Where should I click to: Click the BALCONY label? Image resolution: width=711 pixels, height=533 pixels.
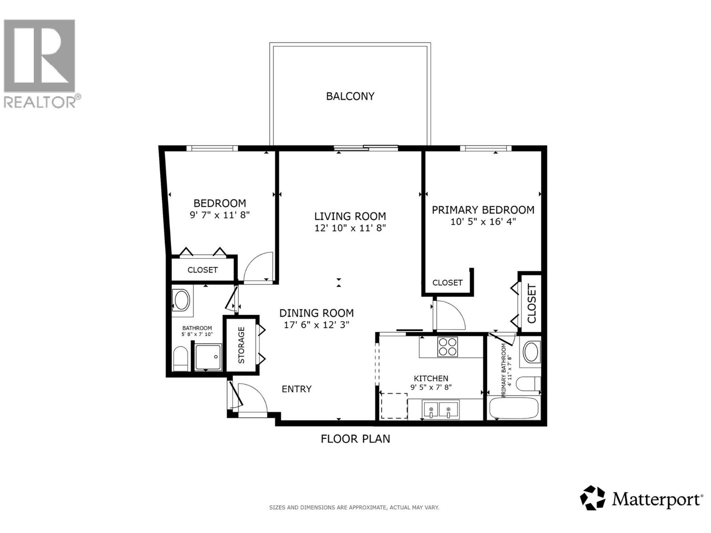(x=350, y=96)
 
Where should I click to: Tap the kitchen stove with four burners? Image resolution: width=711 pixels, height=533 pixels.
(x=447, y=347)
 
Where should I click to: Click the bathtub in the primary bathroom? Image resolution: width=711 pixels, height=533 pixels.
(x=513, y=408)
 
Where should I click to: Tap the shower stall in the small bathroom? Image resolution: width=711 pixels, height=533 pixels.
(x=208, y=357)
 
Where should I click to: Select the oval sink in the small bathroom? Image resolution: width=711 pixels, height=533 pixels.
(x=181, y=301)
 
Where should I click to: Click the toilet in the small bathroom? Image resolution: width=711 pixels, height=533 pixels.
(x=180, y=359)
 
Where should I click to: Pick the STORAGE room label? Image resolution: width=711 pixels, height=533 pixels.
(x=241, y=345)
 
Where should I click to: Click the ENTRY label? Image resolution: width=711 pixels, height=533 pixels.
(x=296, y=389)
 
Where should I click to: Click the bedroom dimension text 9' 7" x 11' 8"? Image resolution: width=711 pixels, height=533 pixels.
(x=220, y=215)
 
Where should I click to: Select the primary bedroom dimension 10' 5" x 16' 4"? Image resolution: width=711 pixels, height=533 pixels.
(x=483, y=221)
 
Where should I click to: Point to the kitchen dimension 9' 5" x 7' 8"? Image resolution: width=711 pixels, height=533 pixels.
(x=431, y=387)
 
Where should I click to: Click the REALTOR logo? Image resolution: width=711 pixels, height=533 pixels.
(x=40, y=62)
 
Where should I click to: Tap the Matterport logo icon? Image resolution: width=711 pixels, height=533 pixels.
(x=593, y=497)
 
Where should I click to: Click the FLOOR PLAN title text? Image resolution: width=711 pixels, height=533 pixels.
(x=355, y=439)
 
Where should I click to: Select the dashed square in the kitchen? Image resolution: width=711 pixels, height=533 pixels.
(x=394, y=406)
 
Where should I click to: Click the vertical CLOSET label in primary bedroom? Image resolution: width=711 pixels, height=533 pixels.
(x=531, y=303)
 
